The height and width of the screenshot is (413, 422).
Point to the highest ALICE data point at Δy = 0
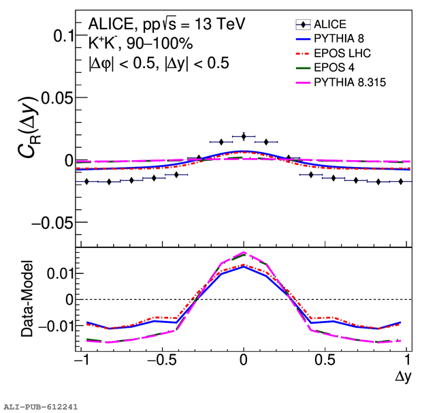click(x=244, y=136)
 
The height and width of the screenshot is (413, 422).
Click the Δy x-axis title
click(x=404, y=375)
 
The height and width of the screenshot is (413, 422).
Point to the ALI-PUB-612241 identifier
click(x=41, y=406)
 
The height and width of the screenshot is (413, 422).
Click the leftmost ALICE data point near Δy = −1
click(x=86, y=181)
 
